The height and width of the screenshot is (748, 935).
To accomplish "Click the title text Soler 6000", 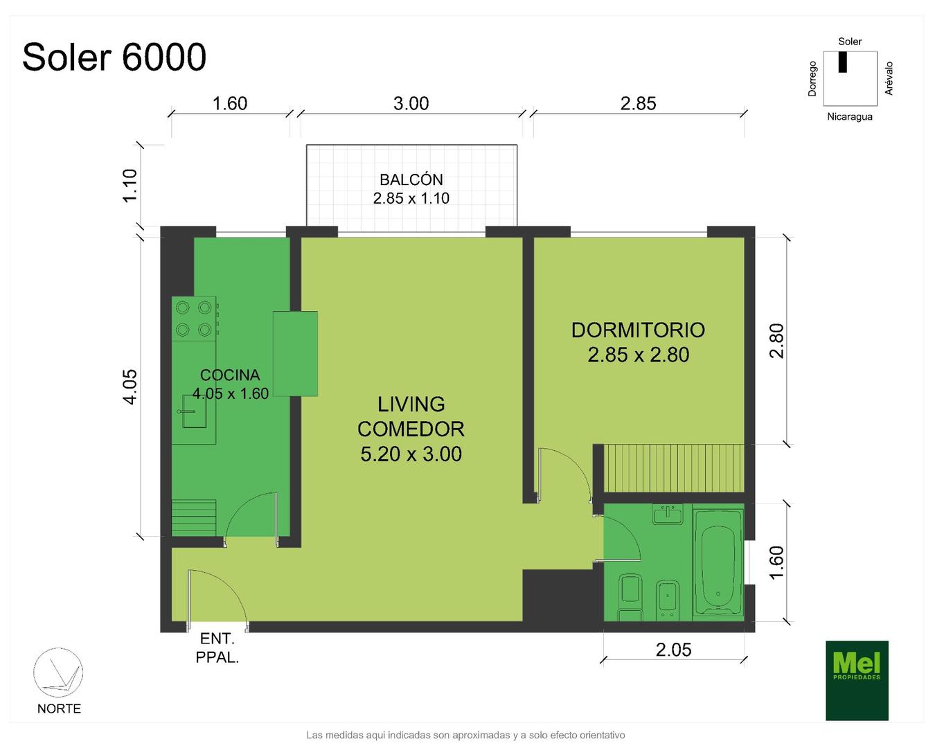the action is pyautogui.click(x=114, y=57).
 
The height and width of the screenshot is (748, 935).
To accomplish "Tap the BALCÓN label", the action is pyautogui.click(x=411, y=179).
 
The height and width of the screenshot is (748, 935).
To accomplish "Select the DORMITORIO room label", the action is pyautogui.click(x=638, y=330).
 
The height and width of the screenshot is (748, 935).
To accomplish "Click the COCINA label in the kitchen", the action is pyautogui.click(x=230, y=375).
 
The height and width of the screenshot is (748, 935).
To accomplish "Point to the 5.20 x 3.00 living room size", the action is pyautogui.click(x=411, y=454).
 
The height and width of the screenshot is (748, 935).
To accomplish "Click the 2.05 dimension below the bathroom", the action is pyautogui.click(x=673, y=650).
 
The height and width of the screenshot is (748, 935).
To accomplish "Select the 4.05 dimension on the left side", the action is pyautogui.click(x=130, y=387).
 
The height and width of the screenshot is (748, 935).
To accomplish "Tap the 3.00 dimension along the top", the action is pyautogui.click(x=411, y=104).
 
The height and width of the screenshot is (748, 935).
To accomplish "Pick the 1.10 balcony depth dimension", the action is pyautogui.click(x=130, y=186).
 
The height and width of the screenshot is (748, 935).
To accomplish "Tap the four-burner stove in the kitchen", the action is pyautogui.click(x=194, y=319).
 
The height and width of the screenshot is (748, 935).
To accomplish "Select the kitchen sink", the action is pyautogui.click(x=194, y=411).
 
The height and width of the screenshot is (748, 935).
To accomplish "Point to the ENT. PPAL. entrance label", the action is pyautogui.click(x=217, y=648).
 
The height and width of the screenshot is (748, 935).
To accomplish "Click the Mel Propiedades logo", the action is pyautogui.click(x=857, y=681).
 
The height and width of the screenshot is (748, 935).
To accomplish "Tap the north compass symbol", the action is pyautogui.click(x=58, y=673).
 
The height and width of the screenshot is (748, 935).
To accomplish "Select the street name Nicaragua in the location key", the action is pyautogui.click(x=849, y=116).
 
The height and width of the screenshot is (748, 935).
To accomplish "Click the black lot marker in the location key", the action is pyautogui.click(x=843, y=62).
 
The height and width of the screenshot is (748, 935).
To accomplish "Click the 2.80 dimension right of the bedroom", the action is pyautogui.click(x=776, y=341).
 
